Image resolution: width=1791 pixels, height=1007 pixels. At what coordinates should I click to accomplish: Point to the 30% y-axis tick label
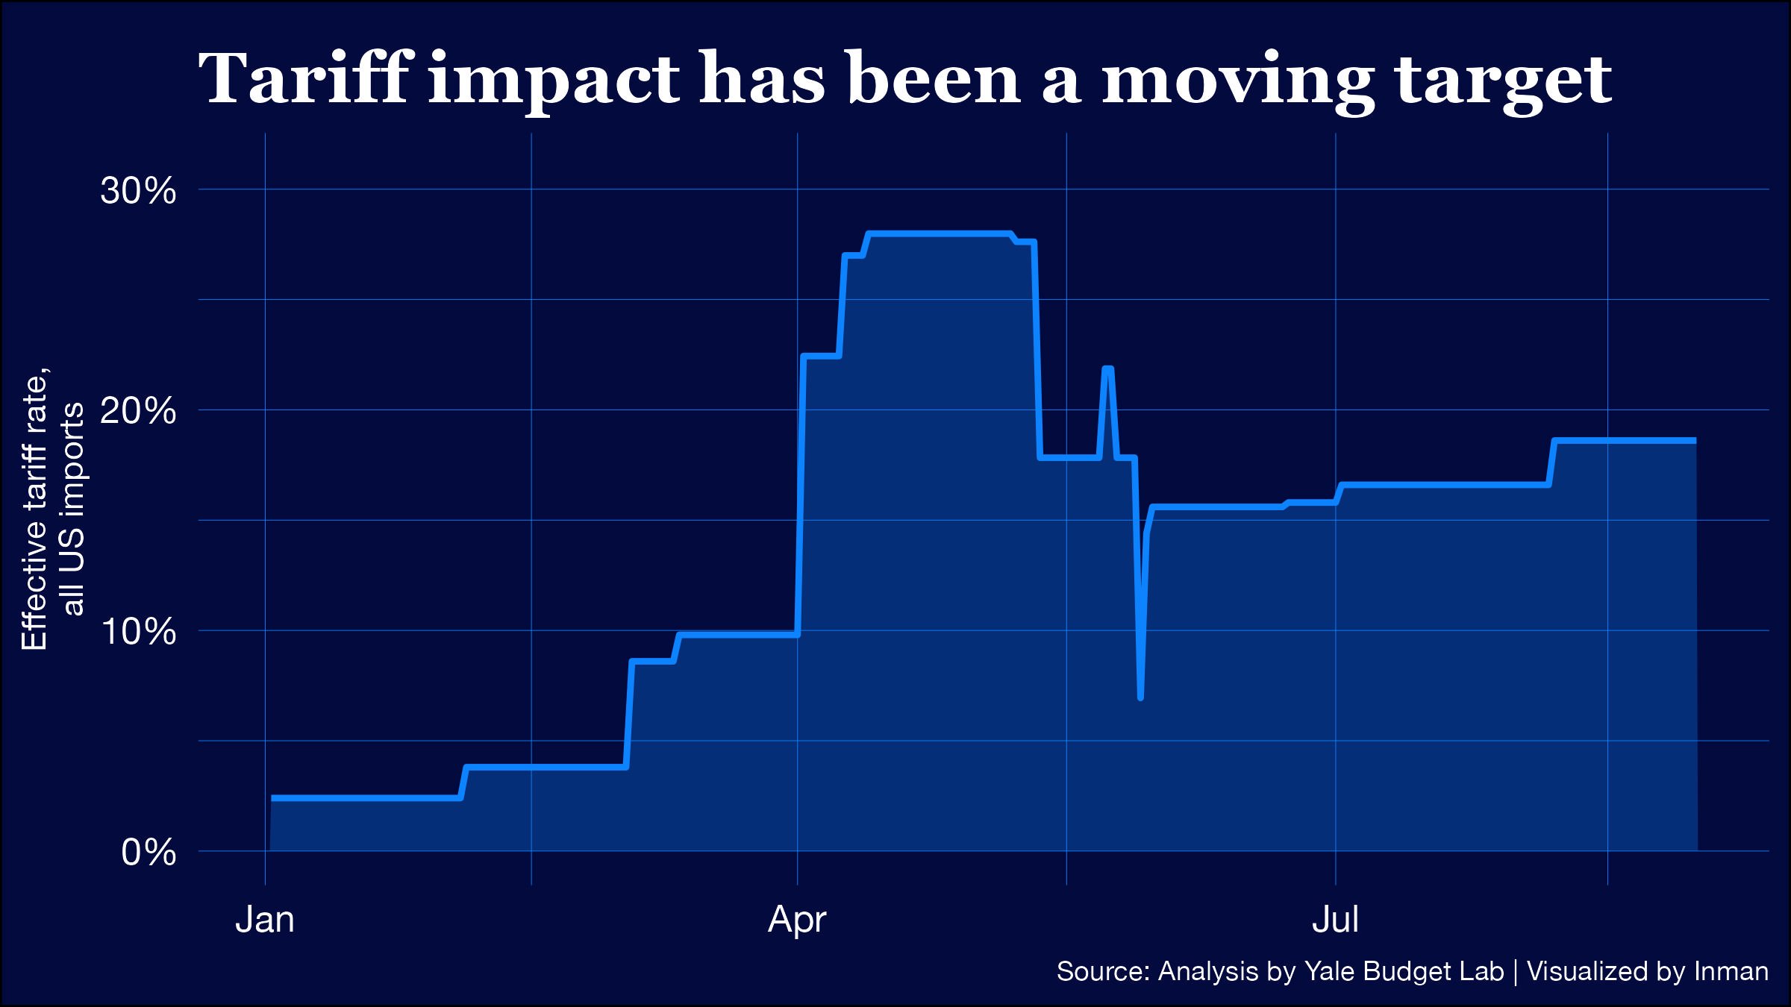(x=138, y=191)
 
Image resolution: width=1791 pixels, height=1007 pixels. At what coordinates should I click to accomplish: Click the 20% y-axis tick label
(x=138, y=411)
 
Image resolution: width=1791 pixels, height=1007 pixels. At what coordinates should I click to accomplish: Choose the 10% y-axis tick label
(x=138, y=632)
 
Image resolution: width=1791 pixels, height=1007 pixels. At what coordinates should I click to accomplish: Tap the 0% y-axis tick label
(x=149, y=852)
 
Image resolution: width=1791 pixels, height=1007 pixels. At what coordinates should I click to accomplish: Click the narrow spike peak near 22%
(x=1107, y=368)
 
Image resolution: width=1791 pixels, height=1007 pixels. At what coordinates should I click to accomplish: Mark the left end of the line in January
(x=273, y=798)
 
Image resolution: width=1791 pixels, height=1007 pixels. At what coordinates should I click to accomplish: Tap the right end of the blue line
(x=1695, y=441)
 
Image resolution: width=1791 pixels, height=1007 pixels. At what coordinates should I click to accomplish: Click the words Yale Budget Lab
(x=1404, y=972)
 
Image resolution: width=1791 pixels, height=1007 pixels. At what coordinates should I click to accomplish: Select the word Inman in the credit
(x=1731, y=972)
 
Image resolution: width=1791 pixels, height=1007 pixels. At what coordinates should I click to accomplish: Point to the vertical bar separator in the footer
(x=1516, y=972)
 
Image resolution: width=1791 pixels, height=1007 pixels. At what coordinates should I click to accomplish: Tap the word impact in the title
(x=554, y=81)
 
